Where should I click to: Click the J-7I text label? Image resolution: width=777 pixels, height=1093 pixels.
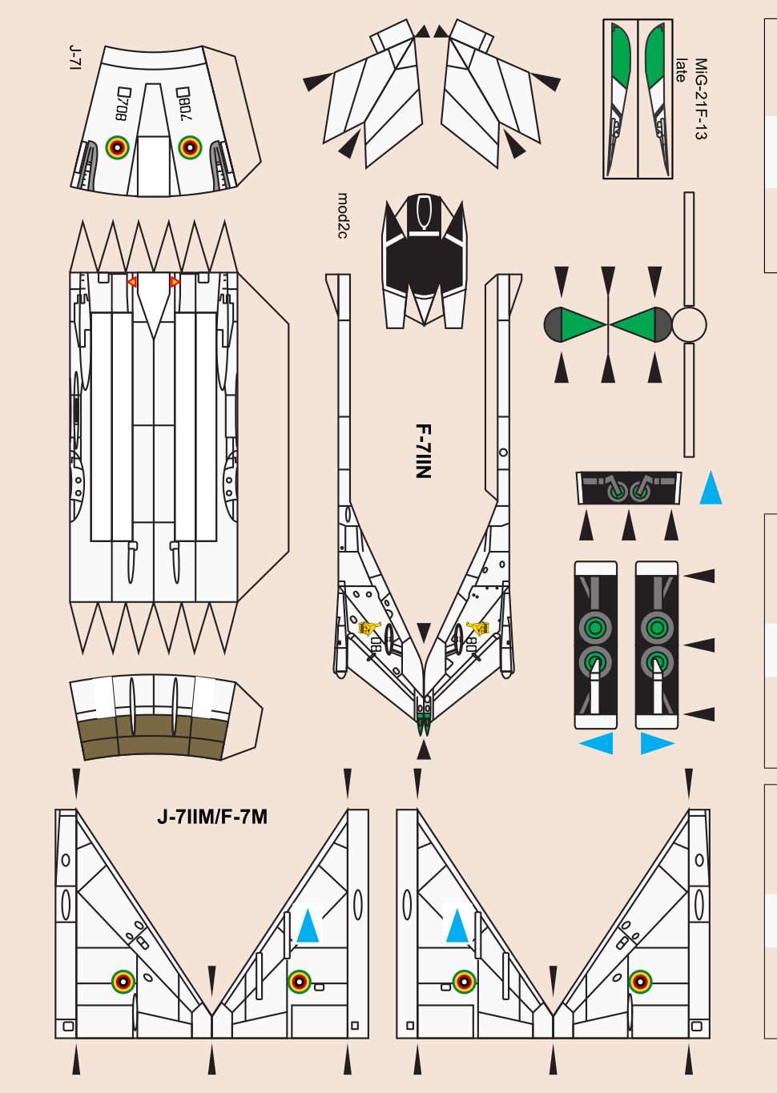pyautogui.click(x=75, y=58)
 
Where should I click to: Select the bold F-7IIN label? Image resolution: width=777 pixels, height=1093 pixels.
pyautogui.click(x=423, y=451)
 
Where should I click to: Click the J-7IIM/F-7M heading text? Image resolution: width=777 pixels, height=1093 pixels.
pyautogui.click(x=212, y=817)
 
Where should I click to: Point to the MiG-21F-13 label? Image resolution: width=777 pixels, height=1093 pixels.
pyautogui.click(x=700, y=98)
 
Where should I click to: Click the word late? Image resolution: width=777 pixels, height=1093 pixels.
pyautogui.click(x=681, y=70)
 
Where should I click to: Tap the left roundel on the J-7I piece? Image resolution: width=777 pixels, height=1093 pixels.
pyautogui.click(x=118, y=147)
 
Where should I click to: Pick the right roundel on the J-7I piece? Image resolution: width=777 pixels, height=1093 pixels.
pyautogui.click(x=190, y=147)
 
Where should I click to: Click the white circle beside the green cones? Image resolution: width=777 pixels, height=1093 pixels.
pyautogui.click(x=689, y=325)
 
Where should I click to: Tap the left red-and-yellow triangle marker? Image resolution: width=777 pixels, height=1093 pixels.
pyautogui.click(x=132, y=282)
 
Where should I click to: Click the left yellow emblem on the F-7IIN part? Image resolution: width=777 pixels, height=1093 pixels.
pyautogui.click(x=368, y=628)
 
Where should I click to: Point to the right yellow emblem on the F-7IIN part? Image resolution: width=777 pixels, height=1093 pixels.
pyautogui.click(x=478, y=628)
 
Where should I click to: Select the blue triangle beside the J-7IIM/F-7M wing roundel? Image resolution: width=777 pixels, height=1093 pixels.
pyautogui.click(x=308, y=926)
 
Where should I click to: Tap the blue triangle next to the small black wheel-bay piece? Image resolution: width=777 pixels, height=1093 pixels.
pyautogui.click(x=711, y=488)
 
